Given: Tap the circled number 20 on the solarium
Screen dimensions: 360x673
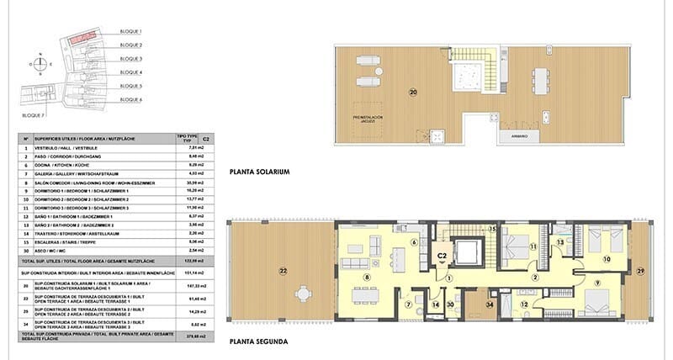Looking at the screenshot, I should [413, 91].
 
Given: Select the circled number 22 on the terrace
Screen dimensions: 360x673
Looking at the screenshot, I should [283, 270].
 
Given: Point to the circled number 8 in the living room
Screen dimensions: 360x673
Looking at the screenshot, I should [367, 277].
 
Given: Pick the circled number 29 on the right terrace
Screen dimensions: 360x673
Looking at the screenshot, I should [639, 271].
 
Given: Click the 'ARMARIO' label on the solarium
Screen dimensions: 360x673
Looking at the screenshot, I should [520, 135].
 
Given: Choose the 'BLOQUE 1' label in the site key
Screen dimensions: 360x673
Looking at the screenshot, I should [132, 31].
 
